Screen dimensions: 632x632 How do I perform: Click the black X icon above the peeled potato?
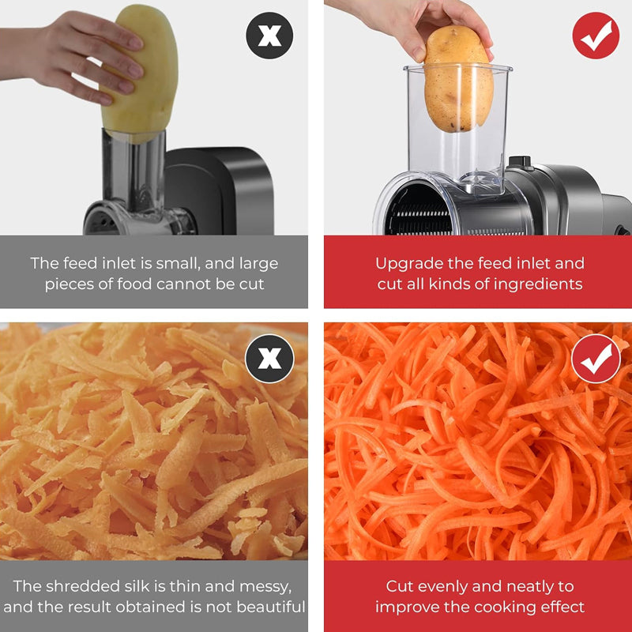(x=269, y=36)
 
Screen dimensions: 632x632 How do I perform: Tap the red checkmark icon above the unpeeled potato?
(x=596, y=36)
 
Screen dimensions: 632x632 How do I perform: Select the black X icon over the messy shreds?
(x=269, y=359)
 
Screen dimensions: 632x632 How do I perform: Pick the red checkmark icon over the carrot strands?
(x=596, y=359)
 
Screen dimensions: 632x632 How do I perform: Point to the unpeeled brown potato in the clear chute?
(x=458, y=78)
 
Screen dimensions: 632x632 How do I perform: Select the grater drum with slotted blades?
(x=419, y=209)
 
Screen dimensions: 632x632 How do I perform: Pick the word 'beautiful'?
(x=271, y=607)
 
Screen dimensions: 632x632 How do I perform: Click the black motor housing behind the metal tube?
(x=220, y=190)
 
